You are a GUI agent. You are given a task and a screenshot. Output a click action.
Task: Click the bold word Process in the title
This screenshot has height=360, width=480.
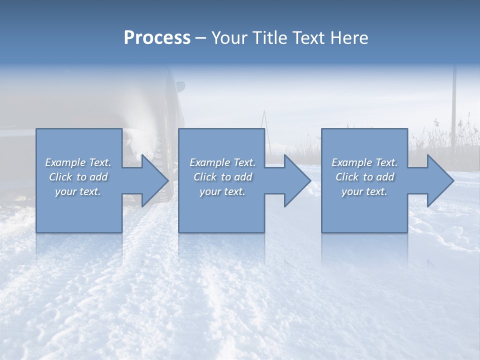pos(157,38)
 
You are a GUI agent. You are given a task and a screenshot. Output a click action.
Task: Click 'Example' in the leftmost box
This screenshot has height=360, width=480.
pos(65,162)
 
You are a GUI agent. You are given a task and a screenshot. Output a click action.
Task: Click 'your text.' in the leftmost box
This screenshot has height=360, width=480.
pos(78,191)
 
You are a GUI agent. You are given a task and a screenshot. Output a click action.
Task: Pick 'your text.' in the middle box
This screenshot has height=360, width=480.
pos(222,191)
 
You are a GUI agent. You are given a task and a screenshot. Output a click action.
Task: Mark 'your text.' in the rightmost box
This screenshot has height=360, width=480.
pos(364,191)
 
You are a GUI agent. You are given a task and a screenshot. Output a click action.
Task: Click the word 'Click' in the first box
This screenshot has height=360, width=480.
pos(60,177)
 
